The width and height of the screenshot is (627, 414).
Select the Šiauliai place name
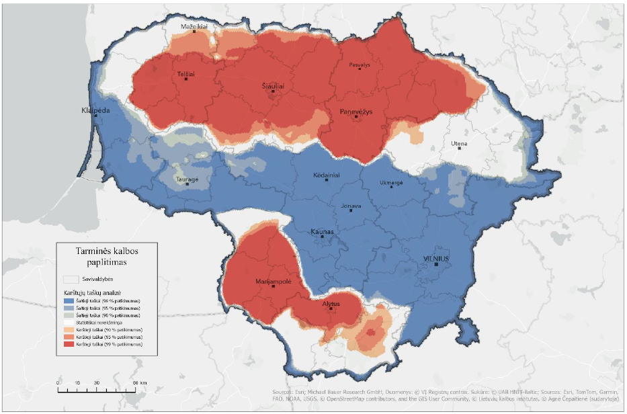coord(273,87)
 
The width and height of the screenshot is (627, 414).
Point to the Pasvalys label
coord(360,65)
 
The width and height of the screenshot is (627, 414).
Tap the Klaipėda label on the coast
coord(95,110)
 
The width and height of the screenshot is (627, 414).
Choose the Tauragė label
coord(187,179)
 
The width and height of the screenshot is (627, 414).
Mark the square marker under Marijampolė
coord(273,287)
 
